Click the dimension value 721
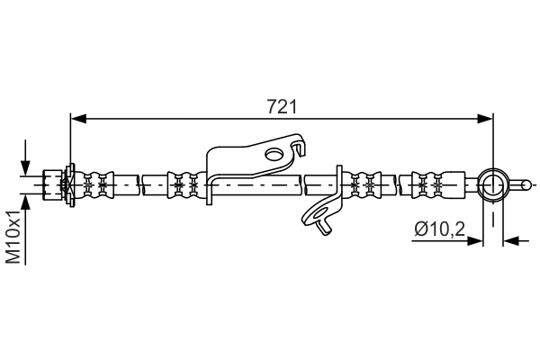(283, 107)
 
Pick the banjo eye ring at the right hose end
(493, 185)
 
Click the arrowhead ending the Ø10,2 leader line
(478, 239)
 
